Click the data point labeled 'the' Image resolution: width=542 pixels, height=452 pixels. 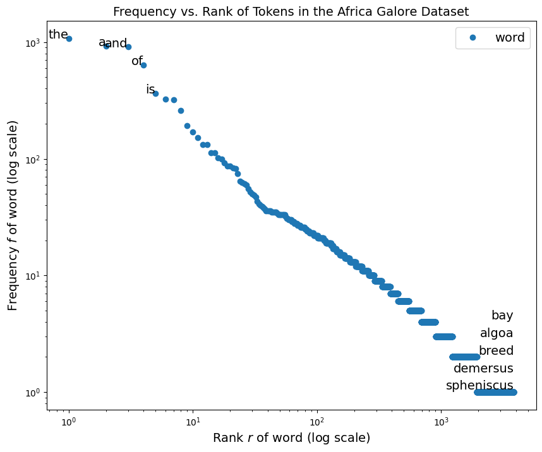click(69, 39)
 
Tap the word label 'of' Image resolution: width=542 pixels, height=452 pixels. click(137, 61)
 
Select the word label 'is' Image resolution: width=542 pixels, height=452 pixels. click(150, 90)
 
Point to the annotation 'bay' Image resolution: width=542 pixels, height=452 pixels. click(502, 316)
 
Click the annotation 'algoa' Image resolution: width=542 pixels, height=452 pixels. click(497, 333)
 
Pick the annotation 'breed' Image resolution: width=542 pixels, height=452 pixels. click(496, 351)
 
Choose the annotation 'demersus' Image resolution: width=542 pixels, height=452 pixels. click(483, 369)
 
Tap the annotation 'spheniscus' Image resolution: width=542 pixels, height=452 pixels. click(479, 386)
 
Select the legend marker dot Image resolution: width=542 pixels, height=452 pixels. click(472, 38)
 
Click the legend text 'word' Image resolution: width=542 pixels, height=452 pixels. click(510, 38)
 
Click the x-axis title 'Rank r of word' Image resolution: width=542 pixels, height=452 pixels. click(291, 438)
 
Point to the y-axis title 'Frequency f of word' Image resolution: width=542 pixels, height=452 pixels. click(13, 215)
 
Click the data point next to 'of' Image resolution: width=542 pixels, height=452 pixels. click(143, 65)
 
